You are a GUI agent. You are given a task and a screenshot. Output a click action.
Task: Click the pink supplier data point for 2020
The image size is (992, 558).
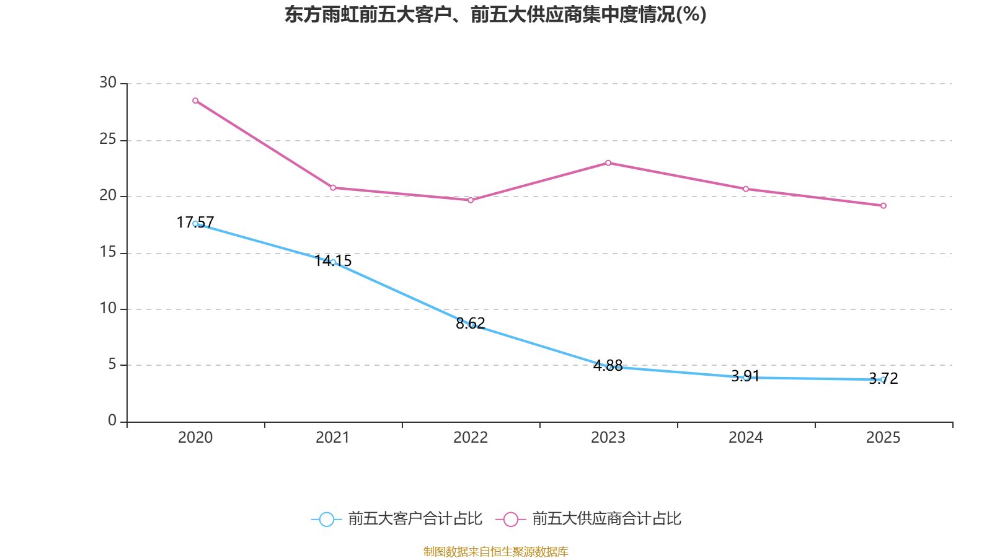[195, 100]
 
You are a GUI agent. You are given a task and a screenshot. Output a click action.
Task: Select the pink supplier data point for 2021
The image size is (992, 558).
[333, 187]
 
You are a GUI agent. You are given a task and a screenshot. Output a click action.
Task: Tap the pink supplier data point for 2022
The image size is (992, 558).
[471, 200]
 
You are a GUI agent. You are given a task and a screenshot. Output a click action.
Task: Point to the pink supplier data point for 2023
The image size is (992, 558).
[608, 163]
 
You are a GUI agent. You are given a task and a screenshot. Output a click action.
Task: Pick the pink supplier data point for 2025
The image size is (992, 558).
[883, 205]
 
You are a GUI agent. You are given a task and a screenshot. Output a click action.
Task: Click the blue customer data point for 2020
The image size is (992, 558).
[195, 224]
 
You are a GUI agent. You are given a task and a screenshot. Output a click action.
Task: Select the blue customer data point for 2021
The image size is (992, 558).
[333, 262]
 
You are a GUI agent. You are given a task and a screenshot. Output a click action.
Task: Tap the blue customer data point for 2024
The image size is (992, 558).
[746, 377]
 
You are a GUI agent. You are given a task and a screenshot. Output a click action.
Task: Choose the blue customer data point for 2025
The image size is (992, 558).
[883, 380]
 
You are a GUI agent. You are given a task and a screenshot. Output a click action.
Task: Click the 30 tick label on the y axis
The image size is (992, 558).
[108, 82]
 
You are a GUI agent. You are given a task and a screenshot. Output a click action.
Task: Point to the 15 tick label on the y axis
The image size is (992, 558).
[108, 252]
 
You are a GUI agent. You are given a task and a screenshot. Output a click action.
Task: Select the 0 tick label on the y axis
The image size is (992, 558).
[112, 420]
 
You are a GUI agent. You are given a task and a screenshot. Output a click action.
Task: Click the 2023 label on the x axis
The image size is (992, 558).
[608, 438]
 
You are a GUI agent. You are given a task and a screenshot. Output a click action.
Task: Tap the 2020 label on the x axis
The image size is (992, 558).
[195, 438]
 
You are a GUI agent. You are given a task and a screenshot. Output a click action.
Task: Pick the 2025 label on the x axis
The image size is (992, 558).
[883, 438]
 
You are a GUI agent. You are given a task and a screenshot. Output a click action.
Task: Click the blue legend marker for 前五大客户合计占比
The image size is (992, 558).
[326, 519]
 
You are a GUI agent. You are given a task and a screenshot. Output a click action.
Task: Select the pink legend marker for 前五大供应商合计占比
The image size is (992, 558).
[511, 519]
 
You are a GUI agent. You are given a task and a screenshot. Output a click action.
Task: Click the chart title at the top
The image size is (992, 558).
[495, 14]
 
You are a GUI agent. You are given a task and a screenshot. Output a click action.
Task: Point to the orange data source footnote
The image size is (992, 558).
[495, 551]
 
